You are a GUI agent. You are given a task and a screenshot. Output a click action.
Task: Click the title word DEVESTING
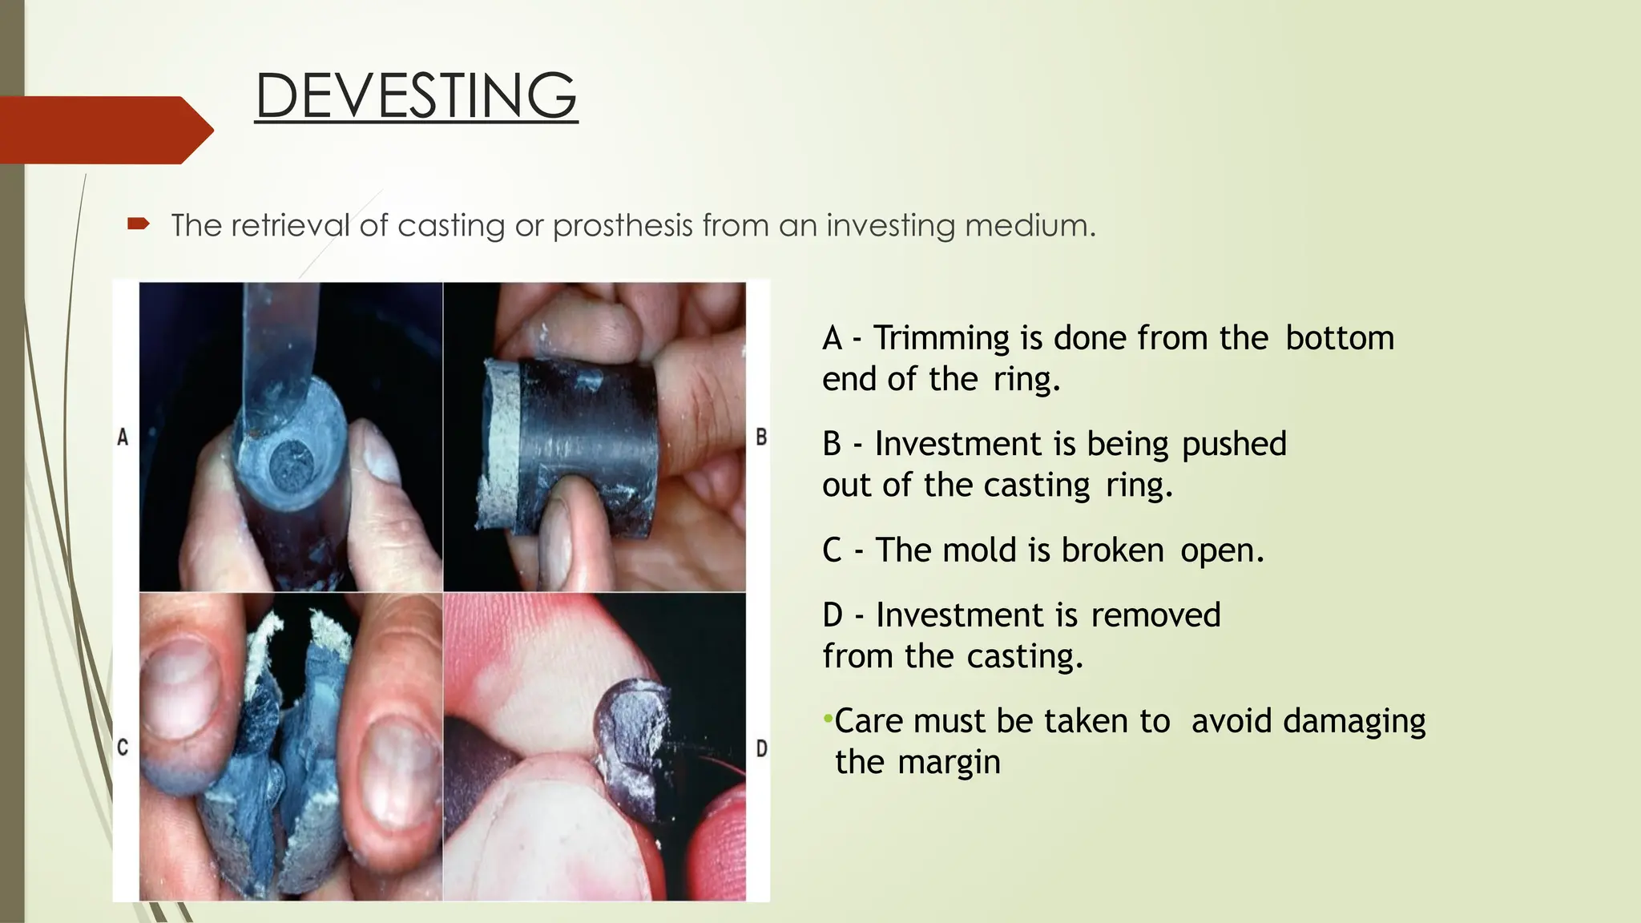click(416, 95)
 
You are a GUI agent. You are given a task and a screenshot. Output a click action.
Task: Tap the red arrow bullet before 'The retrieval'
click(139, 224)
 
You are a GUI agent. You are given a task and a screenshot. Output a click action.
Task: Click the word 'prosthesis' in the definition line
click(622, 226)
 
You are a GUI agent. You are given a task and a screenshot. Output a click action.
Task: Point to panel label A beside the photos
click(123, 437)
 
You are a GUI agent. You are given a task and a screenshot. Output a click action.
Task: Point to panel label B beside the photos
click(761, 437)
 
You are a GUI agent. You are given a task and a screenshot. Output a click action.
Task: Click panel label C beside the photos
click(123, 748)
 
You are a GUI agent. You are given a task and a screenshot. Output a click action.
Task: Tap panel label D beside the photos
click(761, 748)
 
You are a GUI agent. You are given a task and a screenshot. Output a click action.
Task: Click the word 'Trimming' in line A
click(941, 338)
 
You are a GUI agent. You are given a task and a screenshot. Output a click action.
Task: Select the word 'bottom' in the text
click(1340, 338)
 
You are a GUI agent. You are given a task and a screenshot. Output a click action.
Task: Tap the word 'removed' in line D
click(1155, 615)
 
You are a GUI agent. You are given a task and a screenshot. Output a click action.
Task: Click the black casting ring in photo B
click(585, 433)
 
